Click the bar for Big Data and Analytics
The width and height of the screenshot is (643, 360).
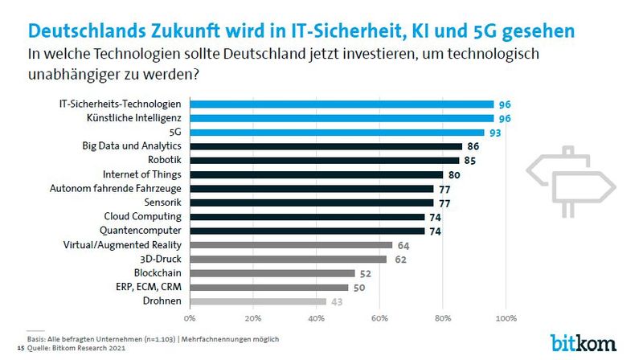click(x=326, y=146)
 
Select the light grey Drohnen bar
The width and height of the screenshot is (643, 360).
click(x=258, y=301)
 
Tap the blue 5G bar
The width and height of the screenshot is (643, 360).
click(x=337, y=133)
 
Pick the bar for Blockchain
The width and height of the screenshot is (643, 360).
click(x=272, y=273)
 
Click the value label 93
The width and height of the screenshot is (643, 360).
click(x=498, y=133)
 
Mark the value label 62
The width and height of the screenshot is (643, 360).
click(x=400, y=259)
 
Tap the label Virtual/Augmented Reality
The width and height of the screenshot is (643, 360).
click(x=128, y=245)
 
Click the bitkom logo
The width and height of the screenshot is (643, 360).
click(x=583, y=341)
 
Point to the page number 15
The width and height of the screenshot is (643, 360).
click(x=20, y=349)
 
